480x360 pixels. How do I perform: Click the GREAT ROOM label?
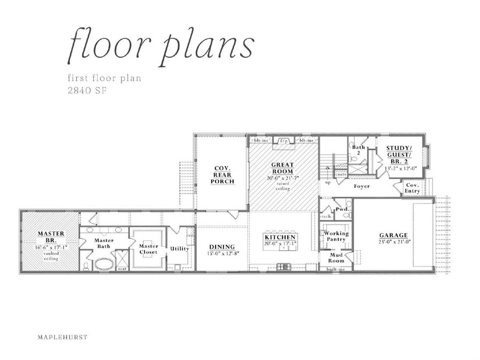coord(283,168)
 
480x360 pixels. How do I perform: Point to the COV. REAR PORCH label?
coord(222,173)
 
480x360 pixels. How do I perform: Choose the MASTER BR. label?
coord(51,237)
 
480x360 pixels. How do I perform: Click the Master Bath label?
coord(105,243)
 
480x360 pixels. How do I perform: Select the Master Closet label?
coord(148,249)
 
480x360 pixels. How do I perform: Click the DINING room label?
coord(221,246)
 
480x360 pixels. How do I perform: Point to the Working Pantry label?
coord(336,236)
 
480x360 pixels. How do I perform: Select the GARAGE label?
coord(394,235)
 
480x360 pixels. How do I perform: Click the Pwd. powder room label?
coord(342,210)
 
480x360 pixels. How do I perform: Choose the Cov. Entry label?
coord(412,188)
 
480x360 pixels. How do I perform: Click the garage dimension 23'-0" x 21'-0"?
coord(394,242)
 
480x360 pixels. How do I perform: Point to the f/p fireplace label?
coord(285,141)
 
